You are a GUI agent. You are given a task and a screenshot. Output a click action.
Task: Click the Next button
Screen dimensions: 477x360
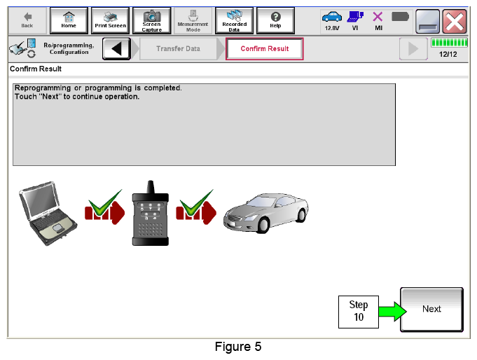click(x=431, y=309)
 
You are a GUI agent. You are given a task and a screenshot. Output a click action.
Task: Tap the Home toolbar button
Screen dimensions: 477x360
click(x=69, y=20)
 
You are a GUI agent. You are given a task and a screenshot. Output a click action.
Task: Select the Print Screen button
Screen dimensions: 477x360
click(x=110, y=20)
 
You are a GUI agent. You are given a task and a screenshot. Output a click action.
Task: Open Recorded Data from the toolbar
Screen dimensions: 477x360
click(x=234, y=20)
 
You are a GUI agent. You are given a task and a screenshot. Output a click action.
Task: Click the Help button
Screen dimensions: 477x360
click(x=275, y=20)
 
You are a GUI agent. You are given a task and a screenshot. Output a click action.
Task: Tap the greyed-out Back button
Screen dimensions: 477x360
click(x=27, y=20)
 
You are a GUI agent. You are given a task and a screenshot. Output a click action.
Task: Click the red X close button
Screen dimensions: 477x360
click(x=455, y=21)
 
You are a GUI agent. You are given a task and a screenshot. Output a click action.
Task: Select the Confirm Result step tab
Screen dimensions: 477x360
click(x=264, y=49)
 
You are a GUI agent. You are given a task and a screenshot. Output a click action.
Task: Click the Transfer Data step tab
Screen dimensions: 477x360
click(x=179, y=49)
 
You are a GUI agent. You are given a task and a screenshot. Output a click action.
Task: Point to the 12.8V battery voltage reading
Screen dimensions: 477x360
click(x=332, y=28)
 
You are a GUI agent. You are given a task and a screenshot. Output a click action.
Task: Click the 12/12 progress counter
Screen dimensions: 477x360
click(x=448, y=55)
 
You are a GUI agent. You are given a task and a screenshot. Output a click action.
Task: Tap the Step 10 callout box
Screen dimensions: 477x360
click(x=359, y=312)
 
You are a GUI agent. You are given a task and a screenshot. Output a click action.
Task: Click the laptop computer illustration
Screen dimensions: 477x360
click(x=48, y=214)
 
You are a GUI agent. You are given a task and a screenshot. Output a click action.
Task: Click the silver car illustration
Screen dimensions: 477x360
click(x=266, y=213)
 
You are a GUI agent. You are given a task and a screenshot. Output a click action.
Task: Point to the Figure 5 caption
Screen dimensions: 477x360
click(x=238, y=347)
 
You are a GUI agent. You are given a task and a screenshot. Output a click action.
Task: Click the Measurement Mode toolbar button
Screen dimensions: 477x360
click(x=193, y=20)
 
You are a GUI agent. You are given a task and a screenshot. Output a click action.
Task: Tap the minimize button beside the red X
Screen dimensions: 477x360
click(x=427, y=21)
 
